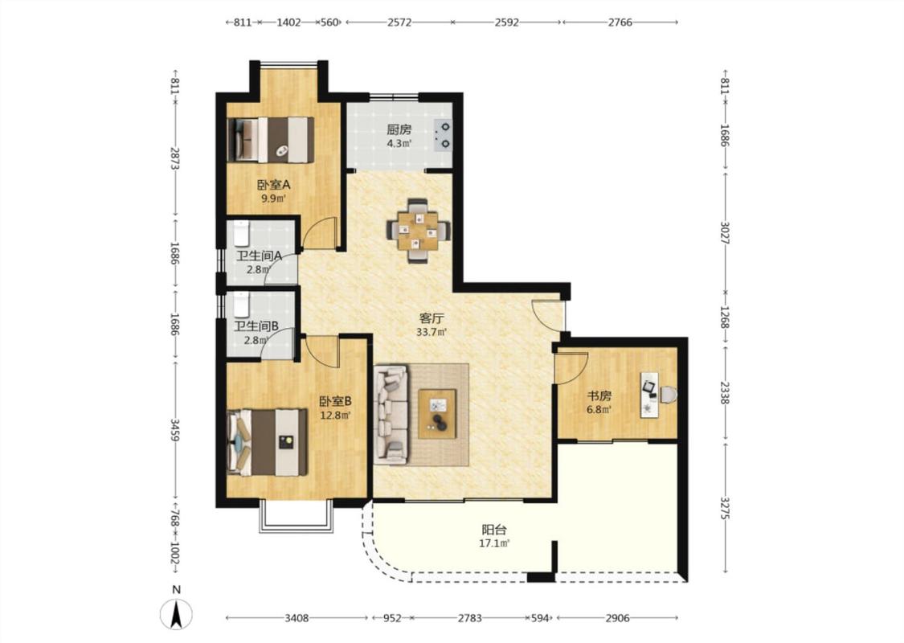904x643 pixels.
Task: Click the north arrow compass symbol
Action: coord(177,613)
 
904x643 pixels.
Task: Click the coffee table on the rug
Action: coord(437,413)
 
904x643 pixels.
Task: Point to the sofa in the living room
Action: coord(391,416)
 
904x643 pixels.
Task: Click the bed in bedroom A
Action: coord(271,140)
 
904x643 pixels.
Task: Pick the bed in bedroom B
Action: coord(267,442)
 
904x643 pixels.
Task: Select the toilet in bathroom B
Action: coord(240,305)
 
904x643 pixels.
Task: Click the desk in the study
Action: coord(650,395)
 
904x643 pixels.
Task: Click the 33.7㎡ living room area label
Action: coord(432,332)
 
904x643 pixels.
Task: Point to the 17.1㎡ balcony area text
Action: coord(495,543)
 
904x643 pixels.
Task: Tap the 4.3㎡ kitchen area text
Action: coord(399,144)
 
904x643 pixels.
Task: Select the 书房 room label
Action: coord(599,396)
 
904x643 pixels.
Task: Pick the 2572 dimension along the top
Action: coord(399,23)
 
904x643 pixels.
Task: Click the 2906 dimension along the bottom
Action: coord(617,618)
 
